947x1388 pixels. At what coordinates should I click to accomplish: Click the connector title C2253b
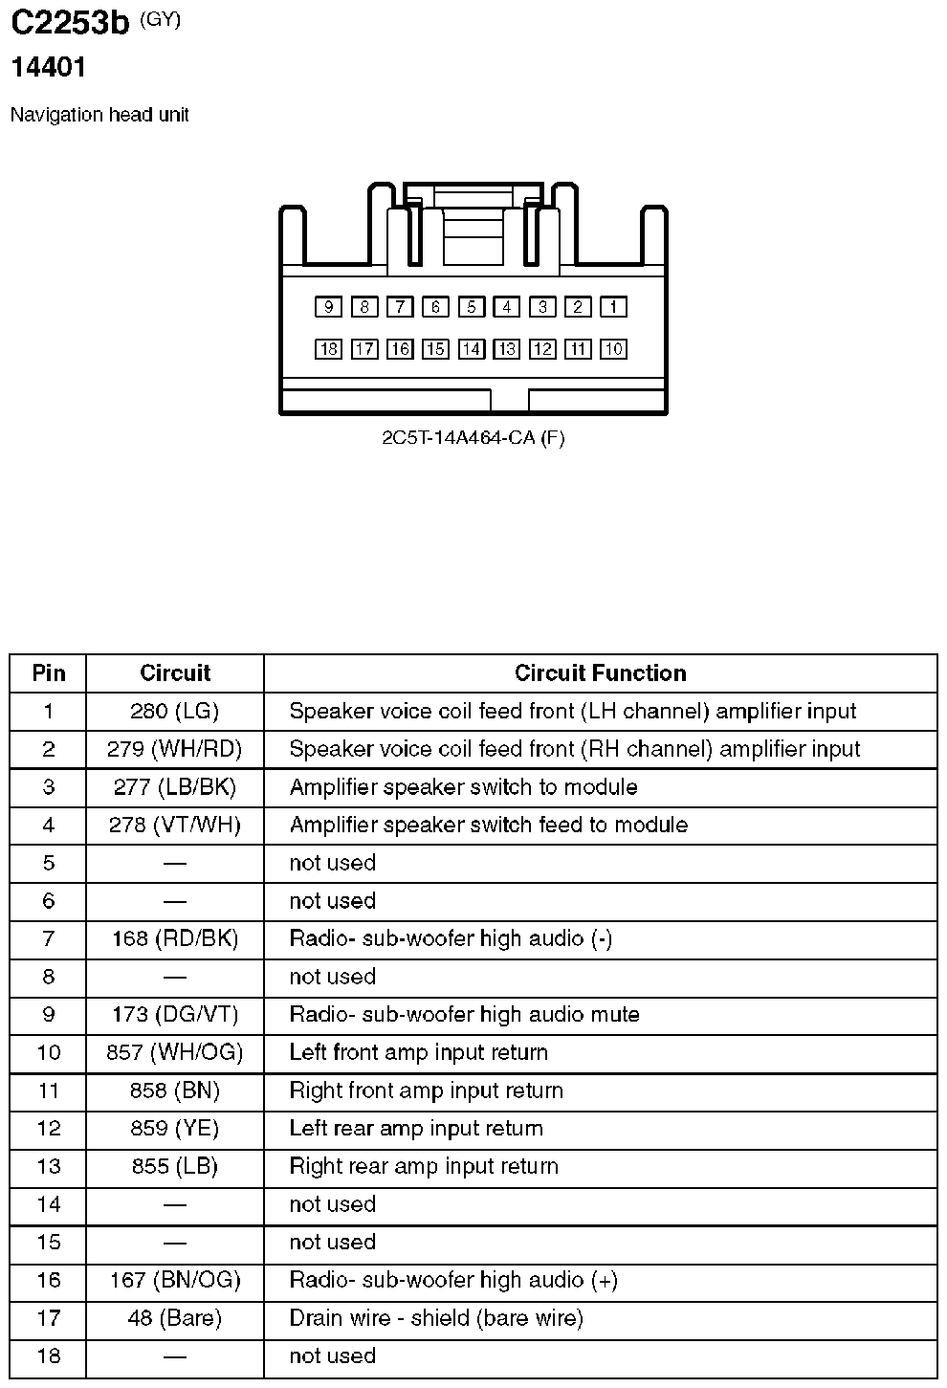tap(69, 23)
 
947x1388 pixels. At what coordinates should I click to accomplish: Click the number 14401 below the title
tap(48, 68)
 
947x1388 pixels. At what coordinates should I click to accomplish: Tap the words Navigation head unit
tap(99, 115)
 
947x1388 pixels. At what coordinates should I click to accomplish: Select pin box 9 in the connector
tap(328, 307)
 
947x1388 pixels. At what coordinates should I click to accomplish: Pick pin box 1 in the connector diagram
tap(613, 307)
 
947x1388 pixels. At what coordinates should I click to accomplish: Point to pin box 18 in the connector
tap(328, 349)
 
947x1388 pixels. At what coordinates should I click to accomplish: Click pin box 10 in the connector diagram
tap(613, 349)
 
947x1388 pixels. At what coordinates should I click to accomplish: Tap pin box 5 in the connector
tap(471, 307)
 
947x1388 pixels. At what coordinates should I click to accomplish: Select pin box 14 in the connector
tap(471, 349)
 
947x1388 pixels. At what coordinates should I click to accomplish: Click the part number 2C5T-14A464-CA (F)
tap(473, 438)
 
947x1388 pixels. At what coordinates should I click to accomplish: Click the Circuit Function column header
tap(600, 673)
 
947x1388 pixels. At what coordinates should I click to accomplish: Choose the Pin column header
tap(49, 673)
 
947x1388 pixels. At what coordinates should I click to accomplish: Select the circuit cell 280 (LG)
tap(174, 712)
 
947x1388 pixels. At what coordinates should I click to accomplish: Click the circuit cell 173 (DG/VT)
tap(174, 1015)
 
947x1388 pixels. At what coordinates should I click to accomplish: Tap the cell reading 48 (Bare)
tap(174, 1318)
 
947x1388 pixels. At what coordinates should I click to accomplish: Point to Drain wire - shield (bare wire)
tap(436, 1318)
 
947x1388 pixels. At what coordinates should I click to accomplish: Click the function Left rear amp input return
tap(416, 1129)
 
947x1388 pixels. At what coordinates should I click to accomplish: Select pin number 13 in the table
tap(49, 1167)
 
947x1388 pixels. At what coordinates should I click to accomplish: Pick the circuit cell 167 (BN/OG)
tap(174, 1280)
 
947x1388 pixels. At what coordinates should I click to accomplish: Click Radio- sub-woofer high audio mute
tap(464, 1015)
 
